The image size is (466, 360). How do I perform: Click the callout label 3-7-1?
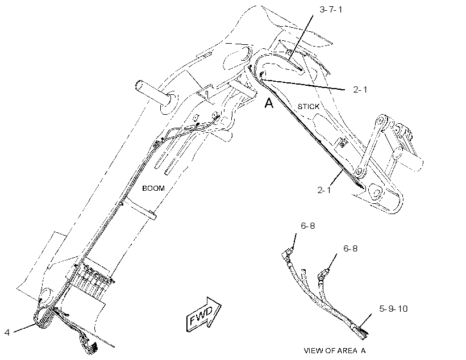pos(331,10)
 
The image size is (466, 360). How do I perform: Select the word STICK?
pos(309,106)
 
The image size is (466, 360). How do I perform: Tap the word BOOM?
pos(153,189)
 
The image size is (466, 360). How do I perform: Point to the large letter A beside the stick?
pos(269,103)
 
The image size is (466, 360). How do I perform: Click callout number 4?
pos(7,332)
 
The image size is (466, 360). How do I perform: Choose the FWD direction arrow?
pos(203,314)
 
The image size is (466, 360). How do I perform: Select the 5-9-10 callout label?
pos(393,309)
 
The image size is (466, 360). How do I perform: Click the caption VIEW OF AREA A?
pos(335,351)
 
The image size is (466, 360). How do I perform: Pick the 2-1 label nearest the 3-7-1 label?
pos(360,89)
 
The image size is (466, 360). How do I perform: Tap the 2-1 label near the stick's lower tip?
pos(324,190)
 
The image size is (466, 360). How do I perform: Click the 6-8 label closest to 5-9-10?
pos(351,248)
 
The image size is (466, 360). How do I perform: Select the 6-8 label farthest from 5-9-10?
pos(308,226)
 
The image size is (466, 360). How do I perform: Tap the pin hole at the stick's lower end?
pos(375,192)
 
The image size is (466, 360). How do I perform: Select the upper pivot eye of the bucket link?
pos(381,122)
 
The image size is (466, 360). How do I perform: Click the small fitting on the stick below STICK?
pos(343,143)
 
